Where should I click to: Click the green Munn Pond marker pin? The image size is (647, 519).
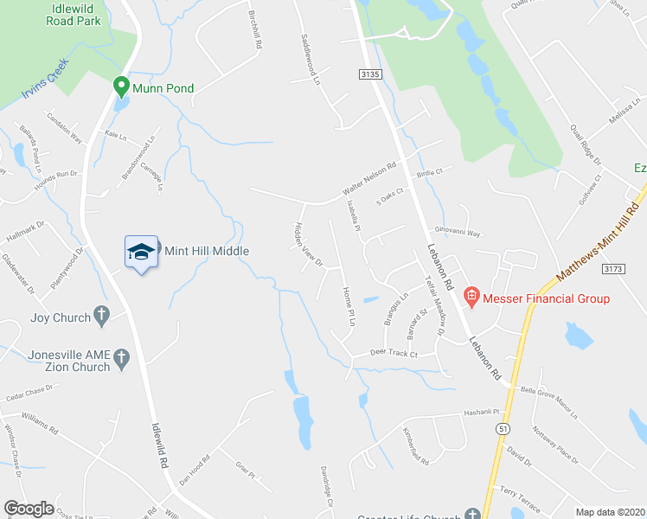pyautogui.click(x=121, y=87)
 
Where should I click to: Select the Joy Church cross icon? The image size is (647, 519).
pyautogui.click(x=101, y=317)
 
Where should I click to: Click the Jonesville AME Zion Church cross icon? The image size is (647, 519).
pyautogui.click(x=122, y=356)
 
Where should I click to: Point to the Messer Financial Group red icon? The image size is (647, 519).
pyautogui.click(x=471, y=298)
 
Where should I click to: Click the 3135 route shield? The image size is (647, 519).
pyautogui.click(x=369, y=76)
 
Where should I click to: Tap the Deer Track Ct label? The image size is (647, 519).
pyautogui.click(x=394, y=354)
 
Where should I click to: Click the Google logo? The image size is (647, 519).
pyautogui.click(x=29, y=509)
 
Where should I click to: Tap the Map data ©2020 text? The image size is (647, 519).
pyautogui.click(x=610, y=512)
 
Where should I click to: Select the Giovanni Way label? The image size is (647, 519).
pyautogui.click(x=457, y=233)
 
